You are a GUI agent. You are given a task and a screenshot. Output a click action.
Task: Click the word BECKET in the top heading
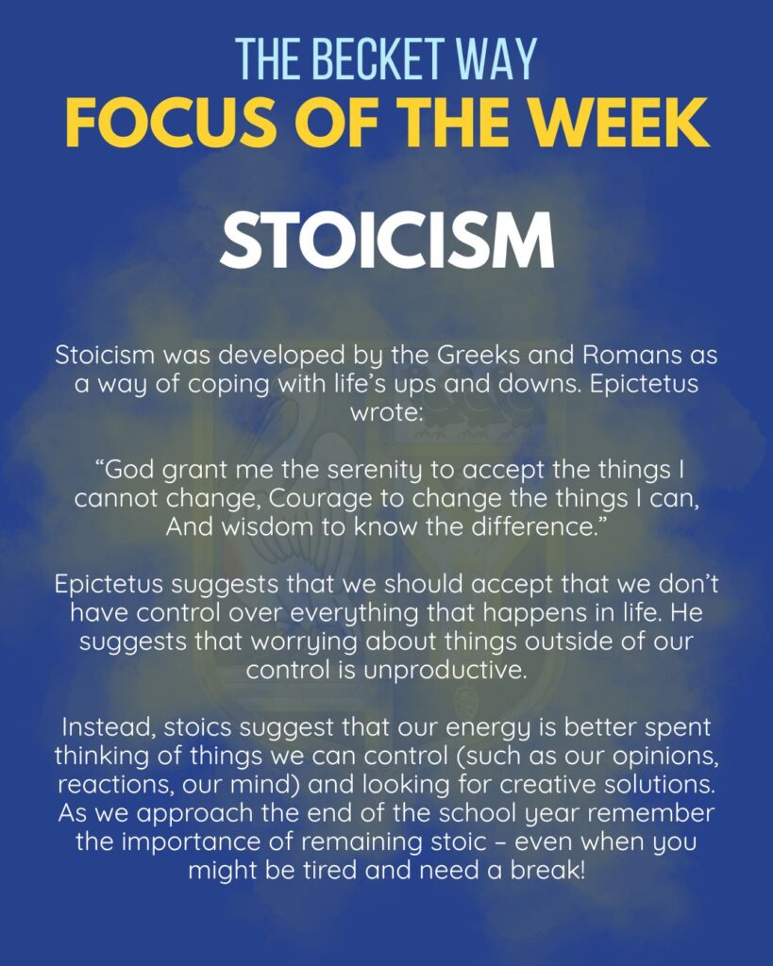click(x=378, y=59)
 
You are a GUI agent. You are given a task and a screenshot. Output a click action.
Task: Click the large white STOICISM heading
click(x=387, y=241)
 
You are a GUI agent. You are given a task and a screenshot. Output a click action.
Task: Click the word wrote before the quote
click(x=386, y=412)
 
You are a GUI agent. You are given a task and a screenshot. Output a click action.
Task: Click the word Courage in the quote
click(x=321, y=499)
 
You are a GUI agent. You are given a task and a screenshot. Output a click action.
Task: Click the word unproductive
click(x=445, y=671)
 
